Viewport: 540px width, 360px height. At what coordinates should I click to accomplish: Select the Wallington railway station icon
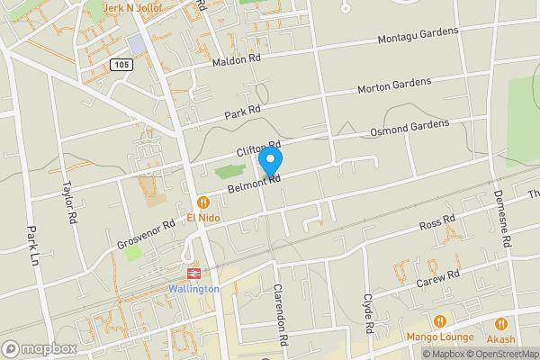tap(193, 274)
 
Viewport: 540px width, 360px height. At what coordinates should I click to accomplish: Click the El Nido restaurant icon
tap(204, 202)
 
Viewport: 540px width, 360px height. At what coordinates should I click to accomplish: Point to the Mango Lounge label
tap(440, 337)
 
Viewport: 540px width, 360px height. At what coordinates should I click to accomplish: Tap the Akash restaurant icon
tap(500, 324)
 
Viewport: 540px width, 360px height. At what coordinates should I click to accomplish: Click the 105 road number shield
tap(121, 65)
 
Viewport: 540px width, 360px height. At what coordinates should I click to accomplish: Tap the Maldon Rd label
tap(236, 60)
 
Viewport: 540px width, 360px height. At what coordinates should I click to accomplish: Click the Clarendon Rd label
tap(279, 316)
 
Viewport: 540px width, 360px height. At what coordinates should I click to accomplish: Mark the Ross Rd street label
tap(437, 221)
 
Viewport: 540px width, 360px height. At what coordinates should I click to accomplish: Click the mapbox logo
tap(39, 348)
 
